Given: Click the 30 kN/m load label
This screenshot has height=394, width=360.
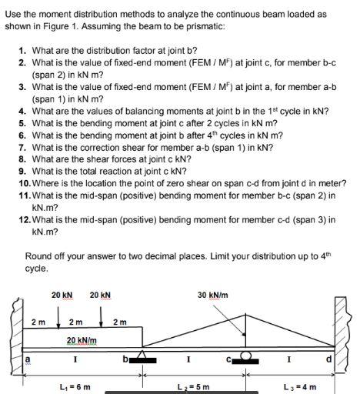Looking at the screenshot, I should (x=212, y=295).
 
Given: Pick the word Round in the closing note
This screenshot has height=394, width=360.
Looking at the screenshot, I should (x=38, y=256).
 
